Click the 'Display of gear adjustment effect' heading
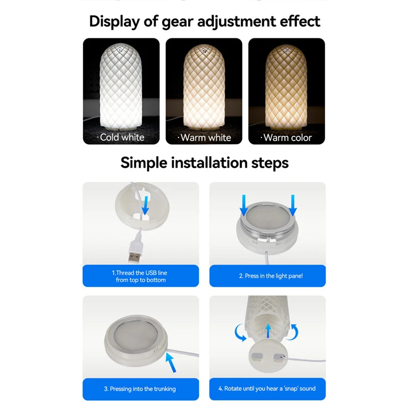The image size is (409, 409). pyautogui.click(x=204, y=21)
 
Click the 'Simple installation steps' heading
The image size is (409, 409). pyautogui.click(x=204, y=163)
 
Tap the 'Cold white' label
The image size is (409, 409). pyautogui.click(x=122, y=137)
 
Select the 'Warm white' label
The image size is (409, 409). pyautogui.click(x=204, y=138)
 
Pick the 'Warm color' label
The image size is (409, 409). pyautogui.click(x=286, y=138)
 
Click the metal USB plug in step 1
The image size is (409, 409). pyautogui.click(x=135, y=253)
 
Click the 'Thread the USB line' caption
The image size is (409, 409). pyautogui.click(x=141, y=276)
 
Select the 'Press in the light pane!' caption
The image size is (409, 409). pyautogui.click(x=267, y=276)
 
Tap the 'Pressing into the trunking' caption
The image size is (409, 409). pyautogui.click(x=141, y=389)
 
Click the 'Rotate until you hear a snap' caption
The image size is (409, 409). pyautogui.click(x=267, y=389)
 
